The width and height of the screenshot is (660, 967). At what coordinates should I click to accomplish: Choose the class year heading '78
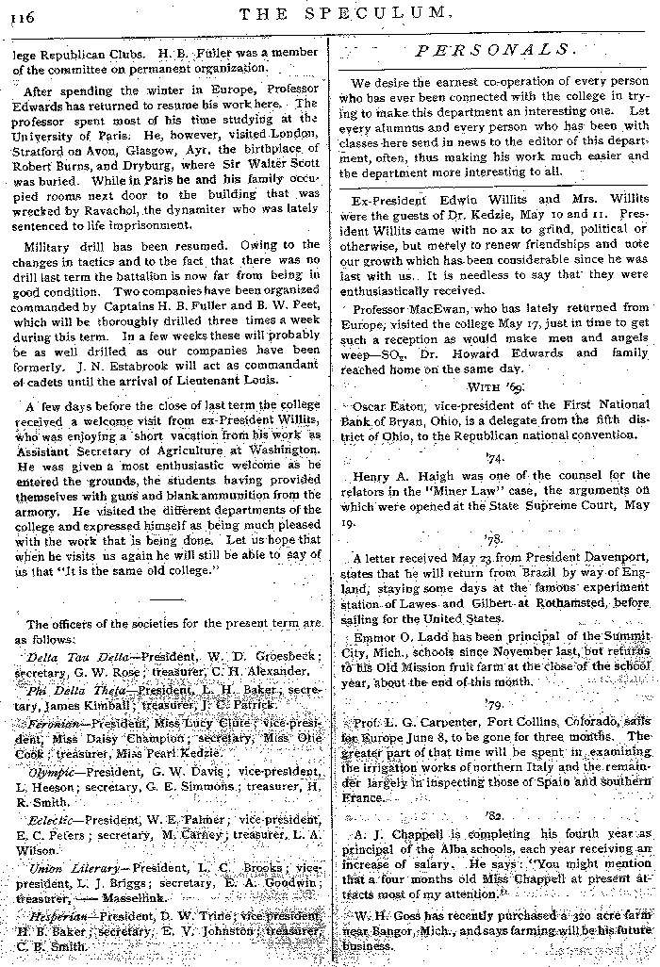click(x=494, y=539)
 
